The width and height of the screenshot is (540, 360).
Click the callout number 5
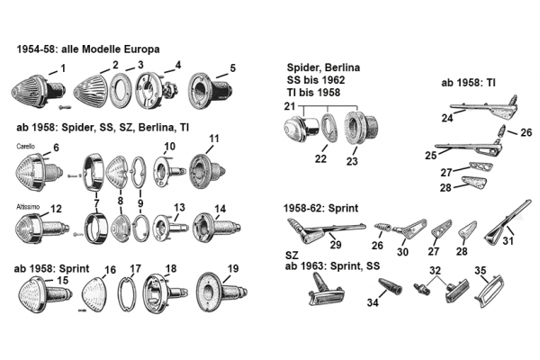pyautogui.click(x=233, y=67)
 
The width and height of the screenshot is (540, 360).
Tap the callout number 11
pyautogui.click(x=214, y=139)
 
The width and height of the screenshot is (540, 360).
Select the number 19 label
pyautogui.click(x=233, y=268)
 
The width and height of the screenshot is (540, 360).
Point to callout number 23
pyautogui.click(x=352, y=161)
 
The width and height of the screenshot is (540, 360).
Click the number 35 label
pyautogui.click(x=480, y=270)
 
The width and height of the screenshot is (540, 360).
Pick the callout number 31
pyautogui.click(x=508, y=240)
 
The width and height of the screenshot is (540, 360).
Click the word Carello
pyautogui.click(x=25, y=147)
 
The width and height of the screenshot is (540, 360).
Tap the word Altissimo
pyautogui.click(x=28, y=207)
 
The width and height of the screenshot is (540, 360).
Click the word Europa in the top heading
pyautogui.click(x=141, y=49)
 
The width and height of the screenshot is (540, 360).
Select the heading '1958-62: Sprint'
pyautogui.click(x=320, y=208)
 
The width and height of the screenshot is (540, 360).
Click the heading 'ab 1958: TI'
pyautogui.click(x=468, y=83)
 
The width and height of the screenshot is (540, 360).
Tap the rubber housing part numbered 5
pyautogui.click(x=211, y=90)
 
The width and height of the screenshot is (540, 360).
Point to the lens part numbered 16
pyautogui.click(x=94, y=293)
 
